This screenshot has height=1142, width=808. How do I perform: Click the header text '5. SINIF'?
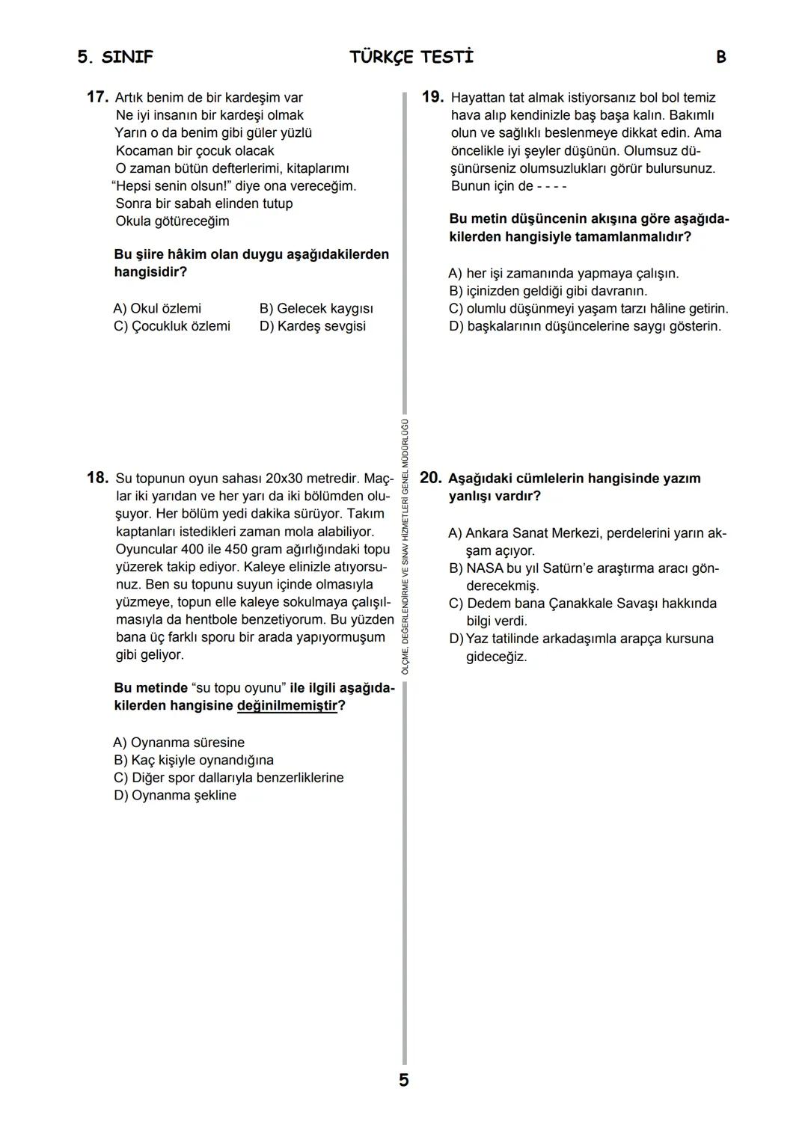click(115, 58)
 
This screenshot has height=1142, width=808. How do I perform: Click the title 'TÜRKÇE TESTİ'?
click(411, 58)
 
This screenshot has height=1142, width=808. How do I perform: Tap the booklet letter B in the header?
click(720, 58)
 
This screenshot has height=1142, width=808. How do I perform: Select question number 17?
click(98, 97)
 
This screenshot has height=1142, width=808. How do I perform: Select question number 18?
click(98, 478)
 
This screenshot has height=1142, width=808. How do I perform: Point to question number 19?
click(432, 97)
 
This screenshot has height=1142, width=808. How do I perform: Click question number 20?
click(431, 478)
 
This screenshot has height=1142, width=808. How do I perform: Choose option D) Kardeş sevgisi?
click(312, 326)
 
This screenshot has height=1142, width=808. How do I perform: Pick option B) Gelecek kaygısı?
click(316, 308)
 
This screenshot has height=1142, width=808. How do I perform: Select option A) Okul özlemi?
click(157, 308)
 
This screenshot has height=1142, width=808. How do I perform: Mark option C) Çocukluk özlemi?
click(171, 326)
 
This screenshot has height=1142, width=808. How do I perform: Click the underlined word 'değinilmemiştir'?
click(287, 705)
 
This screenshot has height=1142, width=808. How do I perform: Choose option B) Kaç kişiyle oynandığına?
click(193, 760)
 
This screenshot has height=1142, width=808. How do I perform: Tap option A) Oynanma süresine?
click(179, 742)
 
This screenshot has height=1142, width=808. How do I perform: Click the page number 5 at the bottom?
click(404, 1080)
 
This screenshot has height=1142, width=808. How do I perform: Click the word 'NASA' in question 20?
click(484, 568)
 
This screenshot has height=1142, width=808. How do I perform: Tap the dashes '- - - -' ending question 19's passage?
click(552, 186)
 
